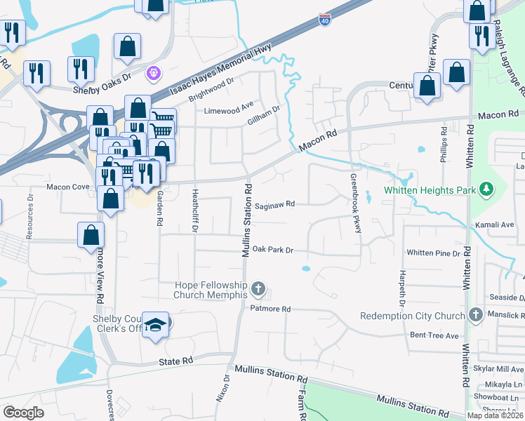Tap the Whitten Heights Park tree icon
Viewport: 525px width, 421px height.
484,189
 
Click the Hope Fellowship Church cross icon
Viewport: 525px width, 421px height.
258,288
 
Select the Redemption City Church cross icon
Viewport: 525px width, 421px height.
475,315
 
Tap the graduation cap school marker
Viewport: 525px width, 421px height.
156,324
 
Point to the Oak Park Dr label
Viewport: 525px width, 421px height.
272,249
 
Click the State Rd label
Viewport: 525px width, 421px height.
175,361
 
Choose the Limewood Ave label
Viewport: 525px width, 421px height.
228,110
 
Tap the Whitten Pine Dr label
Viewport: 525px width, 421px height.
433,253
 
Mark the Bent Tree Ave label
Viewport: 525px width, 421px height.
434,335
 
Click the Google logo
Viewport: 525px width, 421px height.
23,413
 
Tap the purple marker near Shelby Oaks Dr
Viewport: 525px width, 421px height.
154,72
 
